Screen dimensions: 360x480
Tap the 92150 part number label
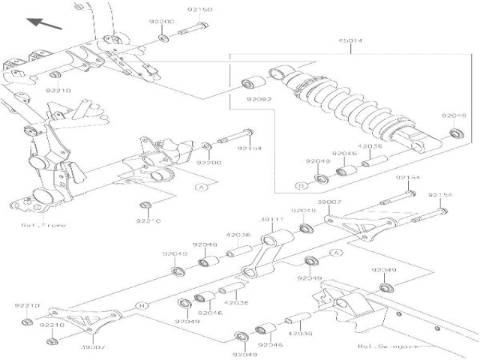[202, 10]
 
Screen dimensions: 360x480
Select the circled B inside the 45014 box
[300, 184]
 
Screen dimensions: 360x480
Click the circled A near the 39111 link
[337, 253]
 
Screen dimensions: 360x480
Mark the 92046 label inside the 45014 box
[343, 153]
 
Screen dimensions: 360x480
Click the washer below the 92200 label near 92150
[164, 35]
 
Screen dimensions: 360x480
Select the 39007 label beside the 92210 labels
[91, 347]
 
